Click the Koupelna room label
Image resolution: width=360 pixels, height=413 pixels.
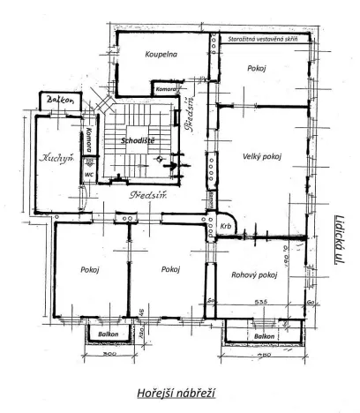(x=162, y=55)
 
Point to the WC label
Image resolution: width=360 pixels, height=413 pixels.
(x=90, y=174)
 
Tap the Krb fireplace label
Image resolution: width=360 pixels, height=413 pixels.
(x=226, y=226)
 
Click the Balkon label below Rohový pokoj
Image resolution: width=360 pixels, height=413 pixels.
(x=262, y=337)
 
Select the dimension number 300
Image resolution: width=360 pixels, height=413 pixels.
(x=109, y=354)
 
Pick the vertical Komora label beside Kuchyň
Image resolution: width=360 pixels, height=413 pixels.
(x=90, y=142)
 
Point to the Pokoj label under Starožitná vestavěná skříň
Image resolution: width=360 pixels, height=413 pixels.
(x=258, y=68)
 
